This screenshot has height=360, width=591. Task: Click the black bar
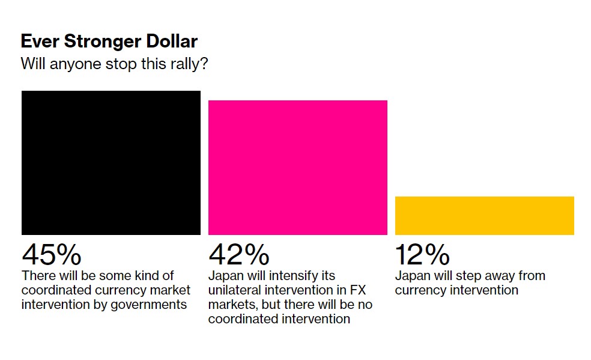pyautogui.click(x=111, y=163)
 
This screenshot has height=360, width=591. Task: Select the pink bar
pyautogui.click(x=298, y=167)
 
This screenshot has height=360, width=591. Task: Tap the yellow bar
pyautogui.click(x=484, y=215)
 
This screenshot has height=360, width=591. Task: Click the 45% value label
pyautogui.click(x=52, y=254)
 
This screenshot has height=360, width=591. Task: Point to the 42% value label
pyautogui.click(x=238, y=254)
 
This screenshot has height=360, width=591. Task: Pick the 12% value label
pyautogui.click(x=422, y=254)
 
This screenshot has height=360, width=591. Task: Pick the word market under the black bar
pyautogui.click(x=171, y=290)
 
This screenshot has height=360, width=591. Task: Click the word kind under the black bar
pyautogui.click(x=142, y=276)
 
